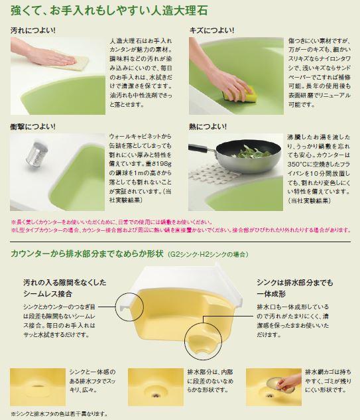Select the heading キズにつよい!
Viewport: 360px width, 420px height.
point(210,31)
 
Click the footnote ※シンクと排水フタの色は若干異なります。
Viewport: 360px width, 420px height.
point(59,413)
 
